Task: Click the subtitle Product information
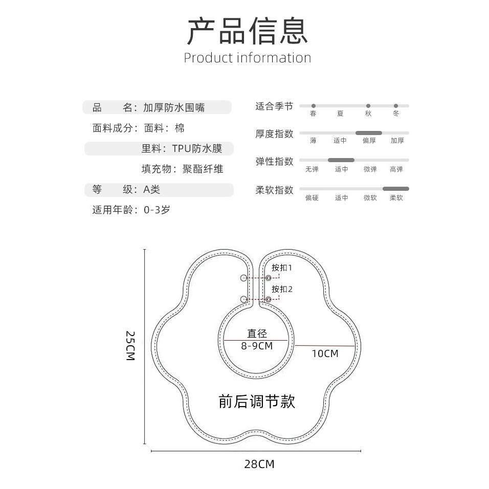[x=248, y=58]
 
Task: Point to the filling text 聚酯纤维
[x=203, y=169]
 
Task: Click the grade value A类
[x=151, y=189]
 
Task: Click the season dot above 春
[x=314, y=106]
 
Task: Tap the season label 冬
[x=396, y=114]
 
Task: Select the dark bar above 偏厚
[x=368, y=133]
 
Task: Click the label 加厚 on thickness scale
[x=397, y=141]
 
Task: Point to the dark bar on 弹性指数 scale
[x=341, y=160]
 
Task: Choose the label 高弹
[x=396, y=169]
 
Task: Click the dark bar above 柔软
[x=396, y=189]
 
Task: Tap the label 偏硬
[x=312, y=198]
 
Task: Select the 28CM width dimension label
[x=259, y=464]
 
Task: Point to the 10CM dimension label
[x=325, y=353]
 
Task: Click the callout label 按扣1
[x=282, y=268]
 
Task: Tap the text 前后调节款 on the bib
[x=257, y=402]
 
